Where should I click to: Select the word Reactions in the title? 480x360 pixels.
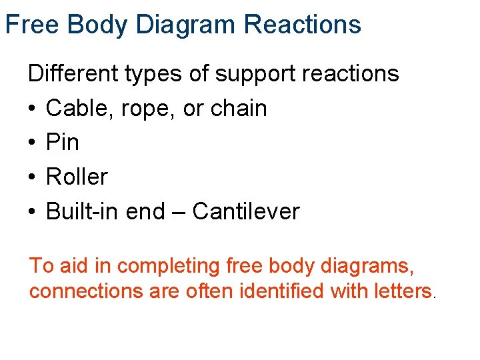coord(303,25)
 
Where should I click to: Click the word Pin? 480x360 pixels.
coord(62,142)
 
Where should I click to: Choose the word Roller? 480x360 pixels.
coord(77,177)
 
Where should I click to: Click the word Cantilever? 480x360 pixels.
coord(246,211)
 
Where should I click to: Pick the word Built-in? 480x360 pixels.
coord(82,211)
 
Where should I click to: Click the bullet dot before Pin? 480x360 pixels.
coord(32,143)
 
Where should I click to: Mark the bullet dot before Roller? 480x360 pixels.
coord(32,177)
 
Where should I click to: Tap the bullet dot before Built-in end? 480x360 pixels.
coord(32,212)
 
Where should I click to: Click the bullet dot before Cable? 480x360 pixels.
coord(32,109)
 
